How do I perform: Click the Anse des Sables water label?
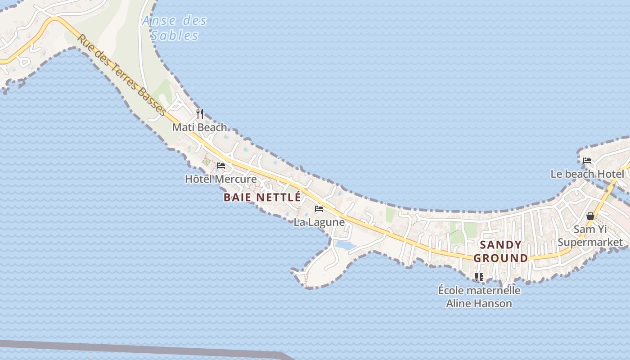pos(175,28)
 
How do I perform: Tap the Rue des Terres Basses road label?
pos(121,74)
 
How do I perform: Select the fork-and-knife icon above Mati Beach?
pos(200,114)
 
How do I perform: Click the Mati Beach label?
pos(200,127)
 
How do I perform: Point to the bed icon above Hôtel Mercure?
pos(221,166)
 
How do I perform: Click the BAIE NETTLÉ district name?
pos(262,197)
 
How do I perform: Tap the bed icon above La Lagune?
pos(319,209)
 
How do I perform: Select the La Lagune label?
pos(319,222)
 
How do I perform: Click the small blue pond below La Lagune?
pos(345,245)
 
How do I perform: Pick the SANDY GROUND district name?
pos(501,252)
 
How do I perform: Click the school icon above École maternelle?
pos(479,277)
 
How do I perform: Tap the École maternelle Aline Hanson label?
pos(479,297)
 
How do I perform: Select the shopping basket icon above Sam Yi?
pos(590,216)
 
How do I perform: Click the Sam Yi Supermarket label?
pos(590,236)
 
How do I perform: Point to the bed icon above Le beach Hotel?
pos(587,161)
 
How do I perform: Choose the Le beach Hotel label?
pos(587,174)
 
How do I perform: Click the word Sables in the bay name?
pos(175,36)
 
